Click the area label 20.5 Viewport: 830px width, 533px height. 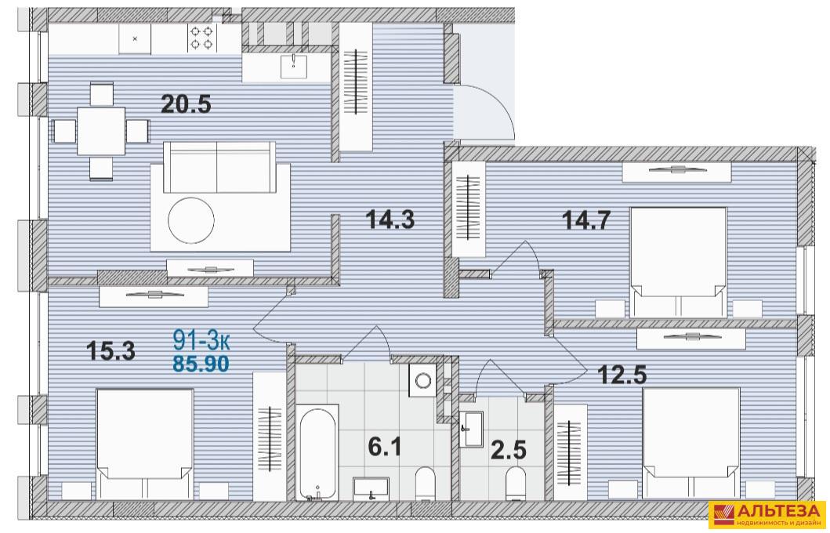[186, 104]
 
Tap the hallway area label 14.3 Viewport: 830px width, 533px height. [390, 219]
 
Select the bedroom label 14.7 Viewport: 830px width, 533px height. [586, 219]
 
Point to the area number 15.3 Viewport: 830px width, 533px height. [111, 350]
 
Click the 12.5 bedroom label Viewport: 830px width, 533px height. [622, 375]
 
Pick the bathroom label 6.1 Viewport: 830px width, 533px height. [385, 448]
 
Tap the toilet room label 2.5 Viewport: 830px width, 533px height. [509, 450]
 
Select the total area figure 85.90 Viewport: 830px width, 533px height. [201, 364]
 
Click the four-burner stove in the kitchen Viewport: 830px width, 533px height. [201, 38]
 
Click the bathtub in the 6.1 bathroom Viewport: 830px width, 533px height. [317, 452]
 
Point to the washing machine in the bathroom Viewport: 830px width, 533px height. [423, 380]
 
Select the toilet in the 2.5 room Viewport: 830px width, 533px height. [515, 483]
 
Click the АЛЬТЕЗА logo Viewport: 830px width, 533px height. [767, 515]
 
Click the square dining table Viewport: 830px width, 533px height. [101, 131]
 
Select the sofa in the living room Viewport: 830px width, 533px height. [219, 167]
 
